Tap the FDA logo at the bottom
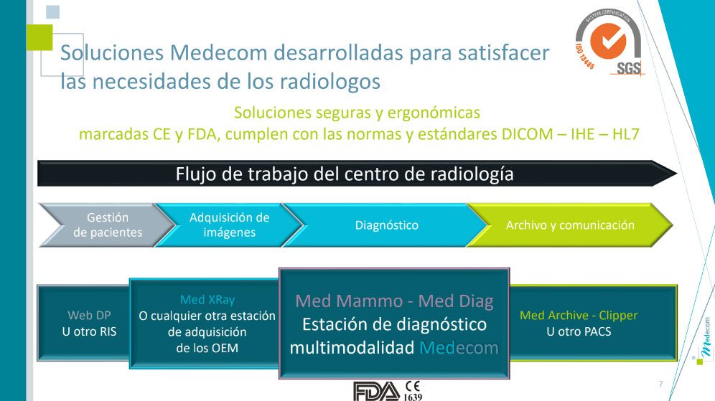pos(377,392)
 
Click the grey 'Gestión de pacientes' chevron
pos(107,225)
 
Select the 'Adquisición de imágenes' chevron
pos(229,225)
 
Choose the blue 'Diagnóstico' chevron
pos(385,225)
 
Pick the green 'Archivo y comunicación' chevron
pos(570,225)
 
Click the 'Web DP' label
pos(89,315)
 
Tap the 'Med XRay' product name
pos(207,299)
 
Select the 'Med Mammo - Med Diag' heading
pos(394,301)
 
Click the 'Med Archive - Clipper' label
pos(579,316)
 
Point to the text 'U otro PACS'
pos(579,331)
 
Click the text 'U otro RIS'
pos(89,331)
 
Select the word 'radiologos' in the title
pos(330,82)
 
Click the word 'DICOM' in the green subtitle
pos(527,134)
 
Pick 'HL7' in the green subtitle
pos(626,134)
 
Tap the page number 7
pos(660,384)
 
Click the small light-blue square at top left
pos(53,12)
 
